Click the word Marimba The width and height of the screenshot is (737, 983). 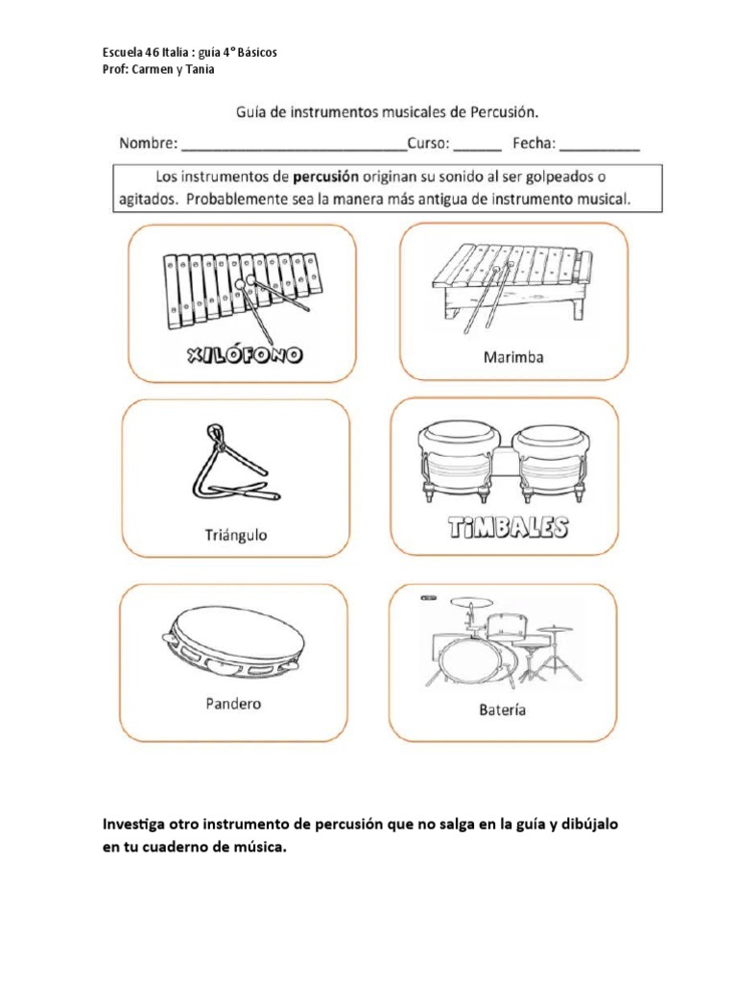pyautogui.click(x=512, y=357)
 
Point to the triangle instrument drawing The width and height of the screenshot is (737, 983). pyautogui.click(x=230, y=467)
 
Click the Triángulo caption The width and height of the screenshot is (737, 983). pyautogui.click(x=235, y=535)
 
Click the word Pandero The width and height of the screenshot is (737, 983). pyautogui.click(x=233, y=704)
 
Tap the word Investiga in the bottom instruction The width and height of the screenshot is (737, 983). pyautogui.click(x=133, y=825)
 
